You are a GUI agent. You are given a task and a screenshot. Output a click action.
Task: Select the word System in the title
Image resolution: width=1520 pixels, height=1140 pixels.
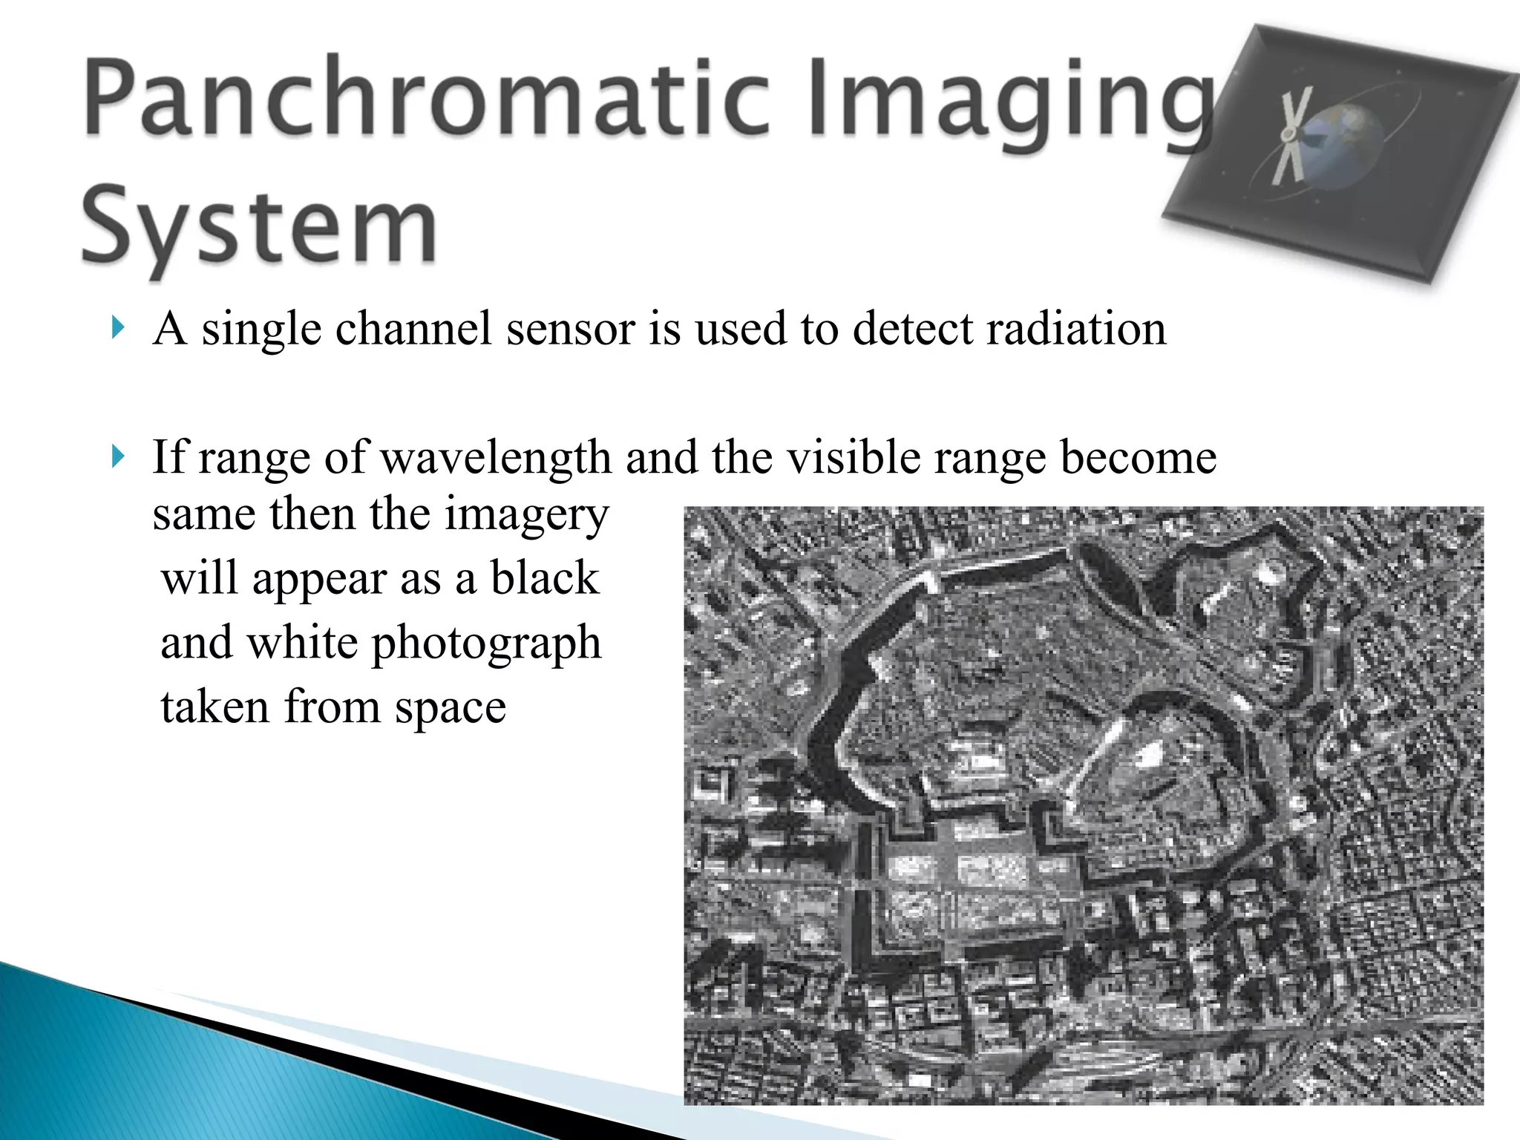259,226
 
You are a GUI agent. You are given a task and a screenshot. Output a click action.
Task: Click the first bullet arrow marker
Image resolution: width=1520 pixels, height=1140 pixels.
117,327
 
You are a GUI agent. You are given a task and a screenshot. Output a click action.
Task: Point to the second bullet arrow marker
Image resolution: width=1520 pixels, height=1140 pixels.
117,456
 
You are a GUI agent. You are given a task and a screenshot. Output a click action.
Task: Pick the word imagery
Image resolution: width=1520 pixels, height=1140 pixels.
526,515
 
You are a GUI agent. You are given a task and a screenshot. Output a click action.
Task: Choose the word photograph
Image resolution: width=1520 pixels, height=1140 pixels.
486,643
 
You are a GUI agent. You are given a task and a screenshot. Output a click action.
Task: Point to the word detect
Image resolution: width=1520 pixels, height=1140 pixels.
912,328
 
